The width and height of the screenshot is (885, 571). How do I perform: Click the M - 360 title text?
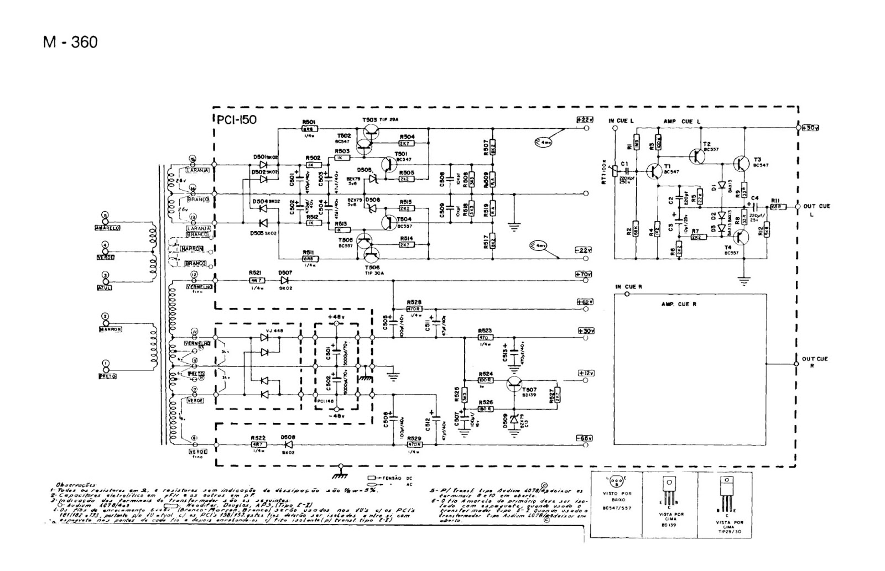point(70,42)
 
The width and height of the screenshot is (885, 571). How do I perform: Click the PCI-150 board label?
point(236,119)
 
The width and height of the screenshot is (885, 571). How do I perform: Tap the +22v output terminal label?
point(584,119)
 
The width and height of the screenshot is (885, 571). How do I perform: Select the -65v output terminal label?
point(584,438)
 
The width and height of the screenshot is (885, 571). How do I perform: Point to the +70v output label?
point(584,274)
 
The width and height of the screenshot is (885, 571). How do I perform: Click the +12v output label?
point(584,373)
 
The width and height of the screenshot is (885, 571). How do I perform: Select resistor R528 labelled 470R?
point(414,310)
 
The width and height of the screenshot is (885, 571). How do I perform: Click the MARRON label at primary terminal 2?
point(110,329)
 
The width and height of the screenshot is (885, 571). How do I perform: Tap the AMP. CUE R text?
point(679,305)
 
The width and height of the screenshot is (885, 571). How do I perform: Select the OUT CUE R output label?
point(815,362)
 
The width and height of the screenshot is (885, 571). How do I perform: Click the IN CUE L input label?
point(621,121)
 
